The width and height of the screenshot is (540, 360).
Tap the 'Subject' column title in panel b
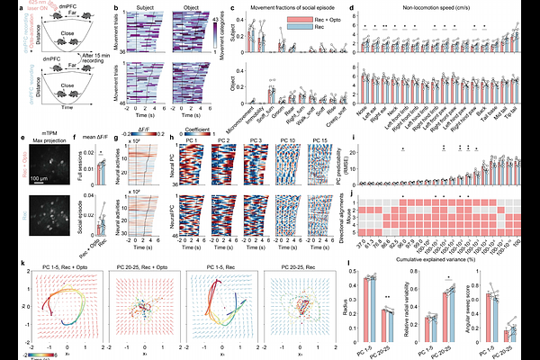click(141, 6)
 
